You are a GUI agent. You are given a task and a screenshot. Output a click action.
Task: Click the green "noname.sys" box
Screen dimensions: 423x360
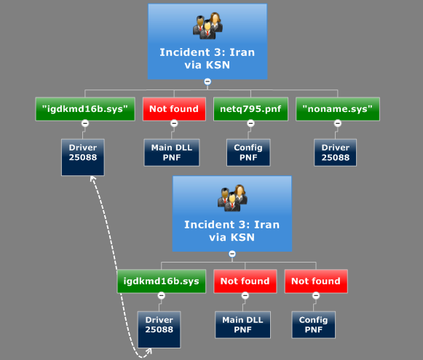[338, 109]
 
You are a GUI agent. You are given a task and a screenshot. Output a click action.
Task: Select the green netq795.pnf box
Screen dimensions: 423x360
[250, 109]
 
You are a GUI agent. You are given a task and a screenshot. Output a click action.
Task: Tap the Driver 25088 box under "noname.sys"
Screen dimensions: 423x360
[336, 153]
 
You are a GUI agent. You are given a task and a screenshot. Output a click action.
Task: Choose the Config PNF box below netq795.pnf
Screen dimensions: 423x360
[248, 153]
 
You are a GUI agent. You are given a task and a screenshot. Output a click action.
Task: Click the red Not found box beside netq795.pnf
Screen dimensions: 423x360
[174, 109]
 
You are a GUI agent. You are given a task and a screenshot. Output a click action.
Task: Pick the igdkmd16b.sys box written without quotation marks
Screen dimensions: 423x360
[162, 281]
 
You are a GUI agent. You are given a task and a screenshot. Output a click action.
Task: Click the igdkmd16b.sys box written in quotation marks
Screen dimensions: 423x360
[85, 109]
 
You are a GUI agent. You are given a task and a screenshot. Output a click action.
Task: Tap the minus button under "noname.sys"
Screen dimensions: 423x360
[338, 124]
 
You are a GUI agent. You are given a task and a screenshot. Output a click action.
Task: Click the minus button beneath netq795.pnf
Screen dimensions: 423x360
[250, 124]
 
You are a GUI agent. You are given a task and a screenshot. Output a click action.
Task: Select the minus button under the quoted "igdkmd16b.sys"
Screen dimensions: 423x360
[85, 124]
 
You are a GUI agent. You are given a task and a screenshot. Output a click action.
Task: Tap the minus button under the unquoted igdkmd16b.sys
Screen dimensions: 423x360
[162, 295]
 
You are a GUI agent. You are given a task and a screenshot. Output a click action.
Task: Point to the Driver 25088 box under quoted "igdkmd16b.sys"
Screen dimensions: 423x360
[83, 157]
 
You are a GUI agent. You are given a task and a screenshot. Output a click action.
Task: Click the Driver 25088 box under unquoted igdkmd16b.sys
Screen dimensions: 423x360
[159, 329]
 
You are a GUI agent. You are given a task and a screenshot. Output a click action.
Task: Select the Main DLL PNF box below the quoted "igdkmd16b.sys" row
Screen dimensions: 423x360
[172, 153]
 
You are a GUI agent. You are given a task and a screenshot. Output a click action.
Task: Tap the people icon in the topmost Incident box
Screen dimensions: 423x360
[207, 26]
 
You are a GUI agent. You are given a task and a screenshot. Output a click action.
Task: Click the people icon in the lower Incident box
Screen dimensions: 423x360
[232, 199]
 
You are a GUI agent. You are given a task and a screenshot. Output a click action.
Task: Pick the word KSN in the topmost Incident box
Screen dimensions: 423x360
[218, 65]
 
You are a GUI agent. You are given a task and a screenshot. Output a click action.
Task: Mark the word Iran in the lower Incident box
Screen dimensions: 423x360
[266, 225]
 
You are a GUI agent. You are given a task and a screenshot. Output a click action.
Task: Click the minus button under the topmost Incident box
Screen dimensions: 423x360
[207, 81]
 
